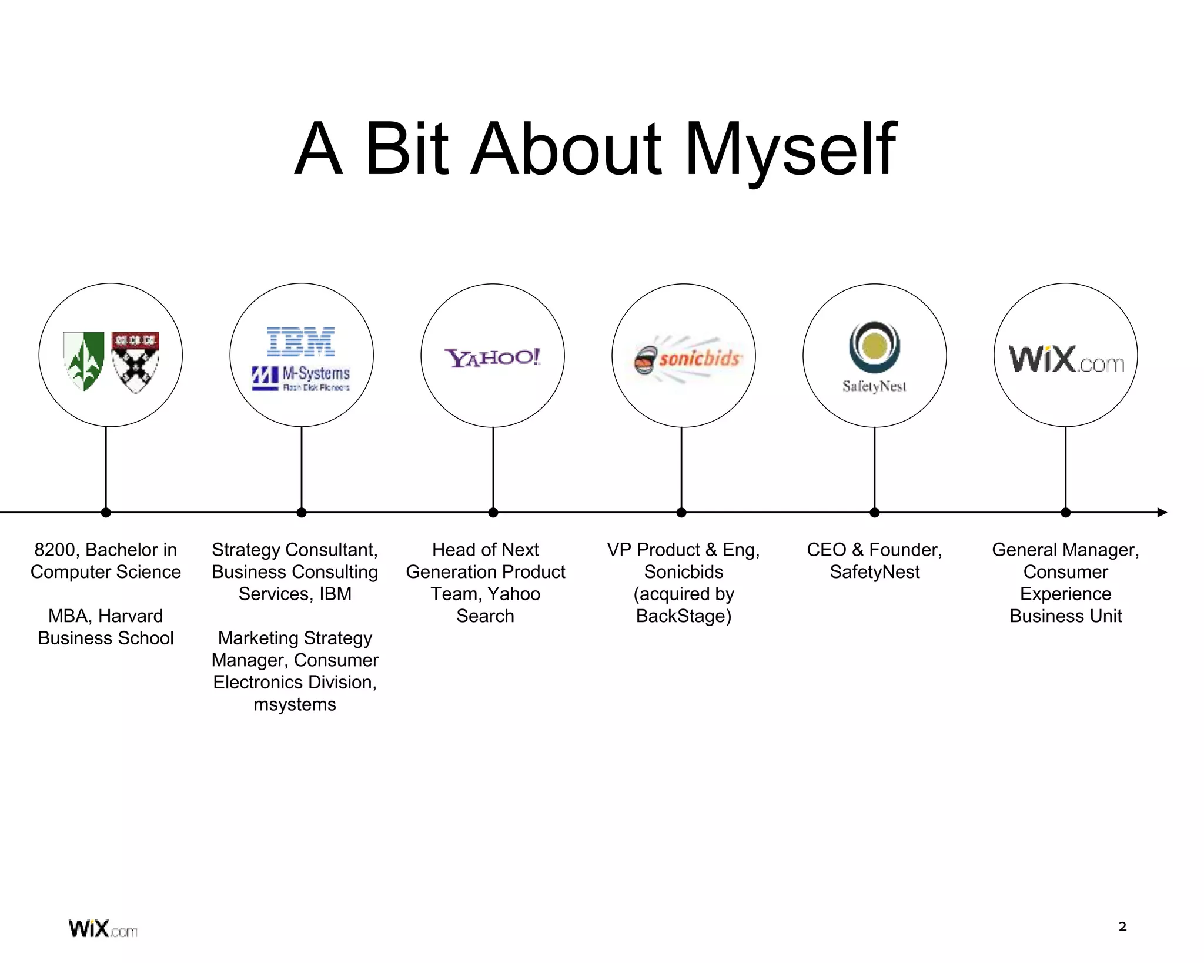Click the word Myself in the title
point(791,150)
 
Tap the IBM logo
point(300,342)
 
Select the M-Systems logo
point(300,378)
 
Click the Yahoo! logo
point(493,357)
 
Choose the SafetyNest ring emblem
point(874,347)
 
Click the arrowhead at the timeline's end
point(1162,512)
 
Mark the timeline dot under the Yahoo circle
point(493,513)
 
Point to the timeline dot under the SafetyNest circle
point(875,513)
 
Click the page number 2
point(1122,927)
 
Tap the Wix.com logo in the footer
point(103,929)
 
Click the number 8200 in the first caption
point(55,550)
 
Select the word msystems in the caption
point(295,704)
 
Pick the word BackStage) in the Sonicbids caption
point(684,616)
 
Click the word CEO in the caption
point(826,550)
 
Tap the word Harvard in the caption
point(130,616)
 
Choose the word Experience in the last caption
point(1065,594)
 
